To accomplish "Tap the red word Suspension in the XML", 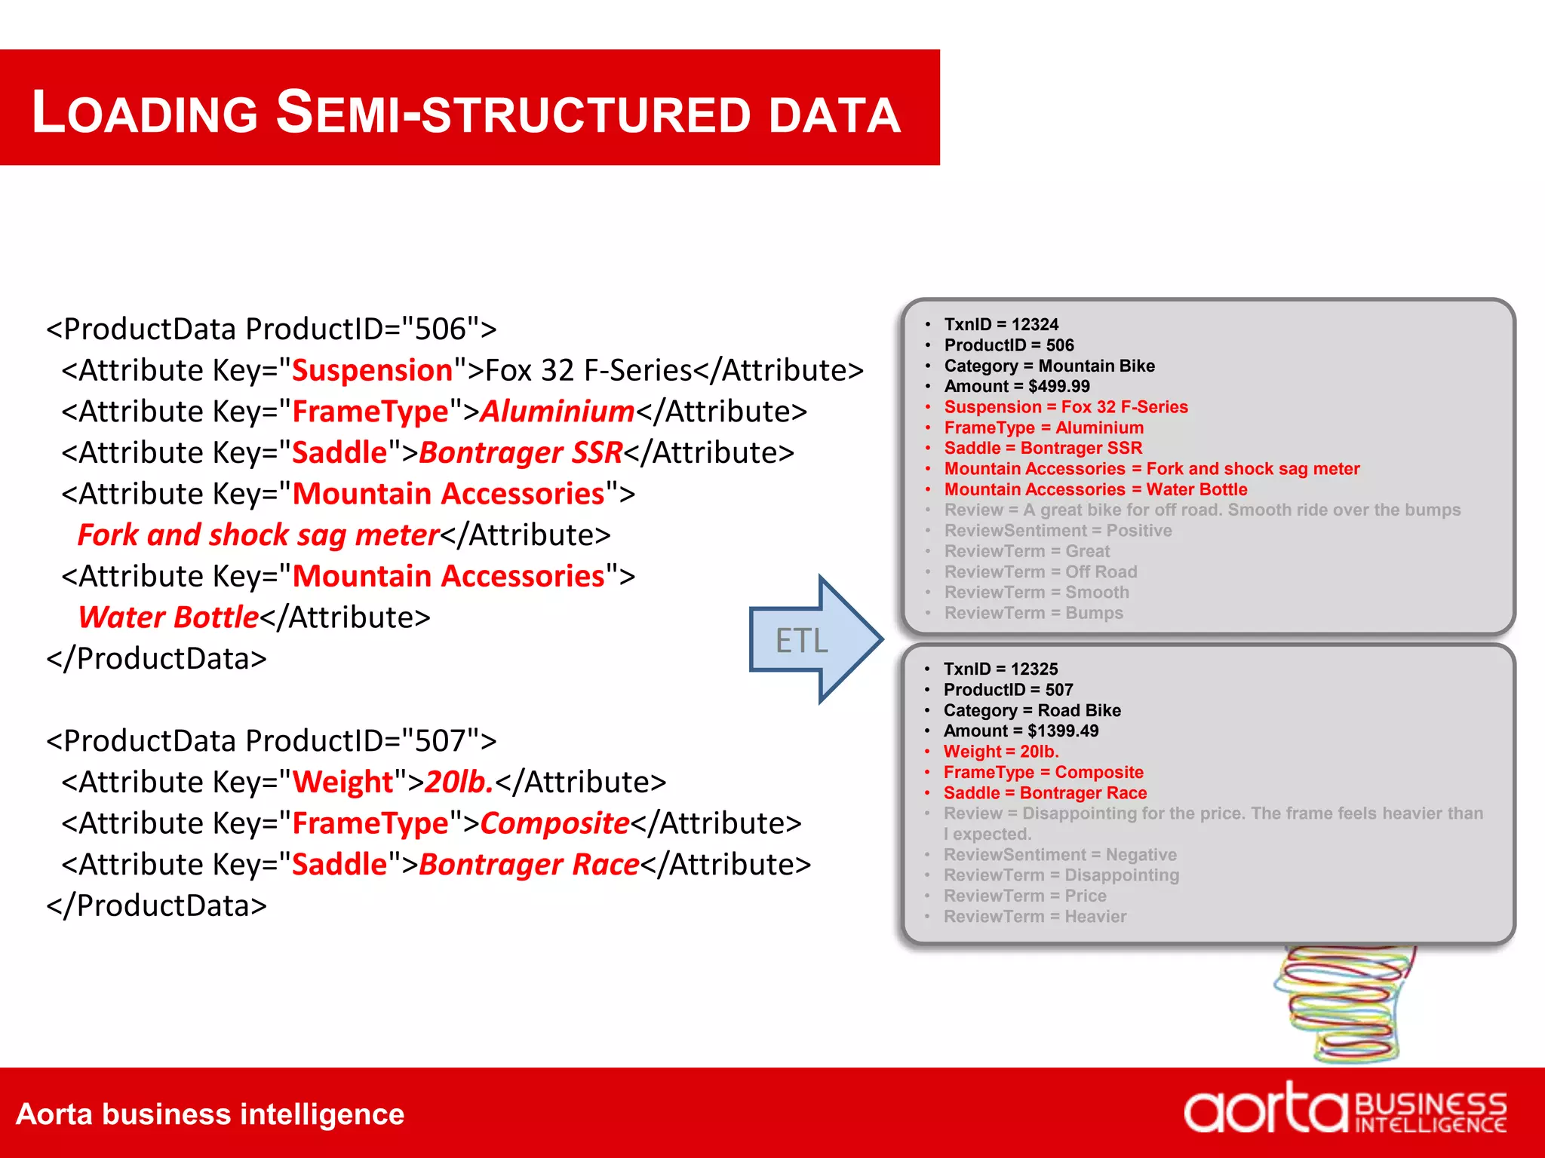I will [372, 370].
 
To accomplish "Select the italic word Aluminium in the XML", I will [557, 412].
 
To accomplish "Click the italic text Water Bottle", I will [168, 617].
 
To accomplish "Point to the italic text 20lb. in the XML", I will [459, 782].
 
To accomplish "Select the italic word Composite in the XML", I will [554, 823].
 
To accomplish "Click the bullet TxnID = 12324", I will [1001, 324].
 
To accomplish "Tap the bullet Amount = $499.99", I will [1017, 386].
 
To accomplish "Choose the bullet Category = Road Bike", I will [1032, 710].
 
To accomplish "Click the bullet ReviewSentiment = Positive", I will [1058, 531].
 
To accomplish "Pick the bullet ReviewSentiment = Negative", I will [1060, 855].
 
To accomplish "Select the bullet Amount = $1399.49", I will [1021, 731].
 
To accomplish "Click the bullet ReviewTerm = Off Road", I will [1040, 571].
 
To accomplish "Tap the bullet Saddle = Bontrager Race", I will [1045, 793].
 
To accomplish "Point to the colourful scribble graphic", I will [1343, 1003].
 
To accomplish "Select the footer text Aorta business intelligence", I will [210, 1114].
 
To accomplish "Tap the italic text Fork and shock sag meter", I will [258, 535].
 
